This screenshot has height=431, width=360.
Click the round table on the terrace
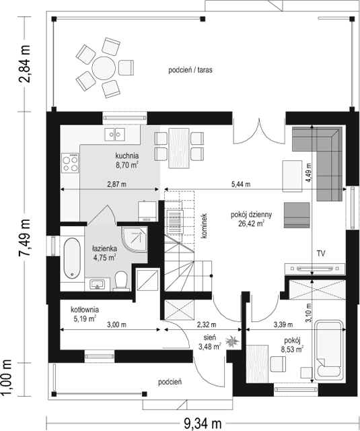[x=104, y=68]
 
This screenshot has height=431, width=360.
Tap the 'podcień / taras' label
[x=190, y=70]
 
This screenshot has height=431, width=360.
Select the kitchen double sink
[x=114, y=135]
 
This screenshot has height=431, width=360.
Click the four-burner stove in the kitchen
[x=70, y=163]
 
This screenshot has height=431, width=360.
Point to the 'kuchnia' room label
[x=127, y=156]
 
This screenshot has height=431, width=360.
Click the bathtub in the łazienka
[x=72, y=258]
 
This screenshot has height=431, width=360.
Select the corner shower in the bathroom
[x=135, y=239]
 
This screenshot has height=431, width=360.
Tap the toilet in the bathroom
[x=121, y=281]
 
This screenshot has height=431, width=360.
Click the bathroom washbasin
[x=97, y=284]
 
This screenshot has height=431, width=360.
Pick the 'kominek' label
[x=204, y=226]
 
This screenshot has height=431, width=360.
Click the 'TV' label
[x=321, y=253]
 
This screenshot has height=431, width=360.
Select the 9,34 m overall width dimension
[x=203, y=424]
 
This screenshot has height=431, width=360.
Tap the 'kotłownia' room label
[x=85, y=310]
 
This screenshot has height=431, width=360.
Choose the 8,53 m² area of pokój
[x=292, y=350]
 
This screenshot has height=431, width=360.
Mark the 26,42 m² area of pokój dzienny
[x=252, y=224]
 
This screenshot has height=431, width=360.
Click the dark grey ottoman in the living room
[x=297, y=215]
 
